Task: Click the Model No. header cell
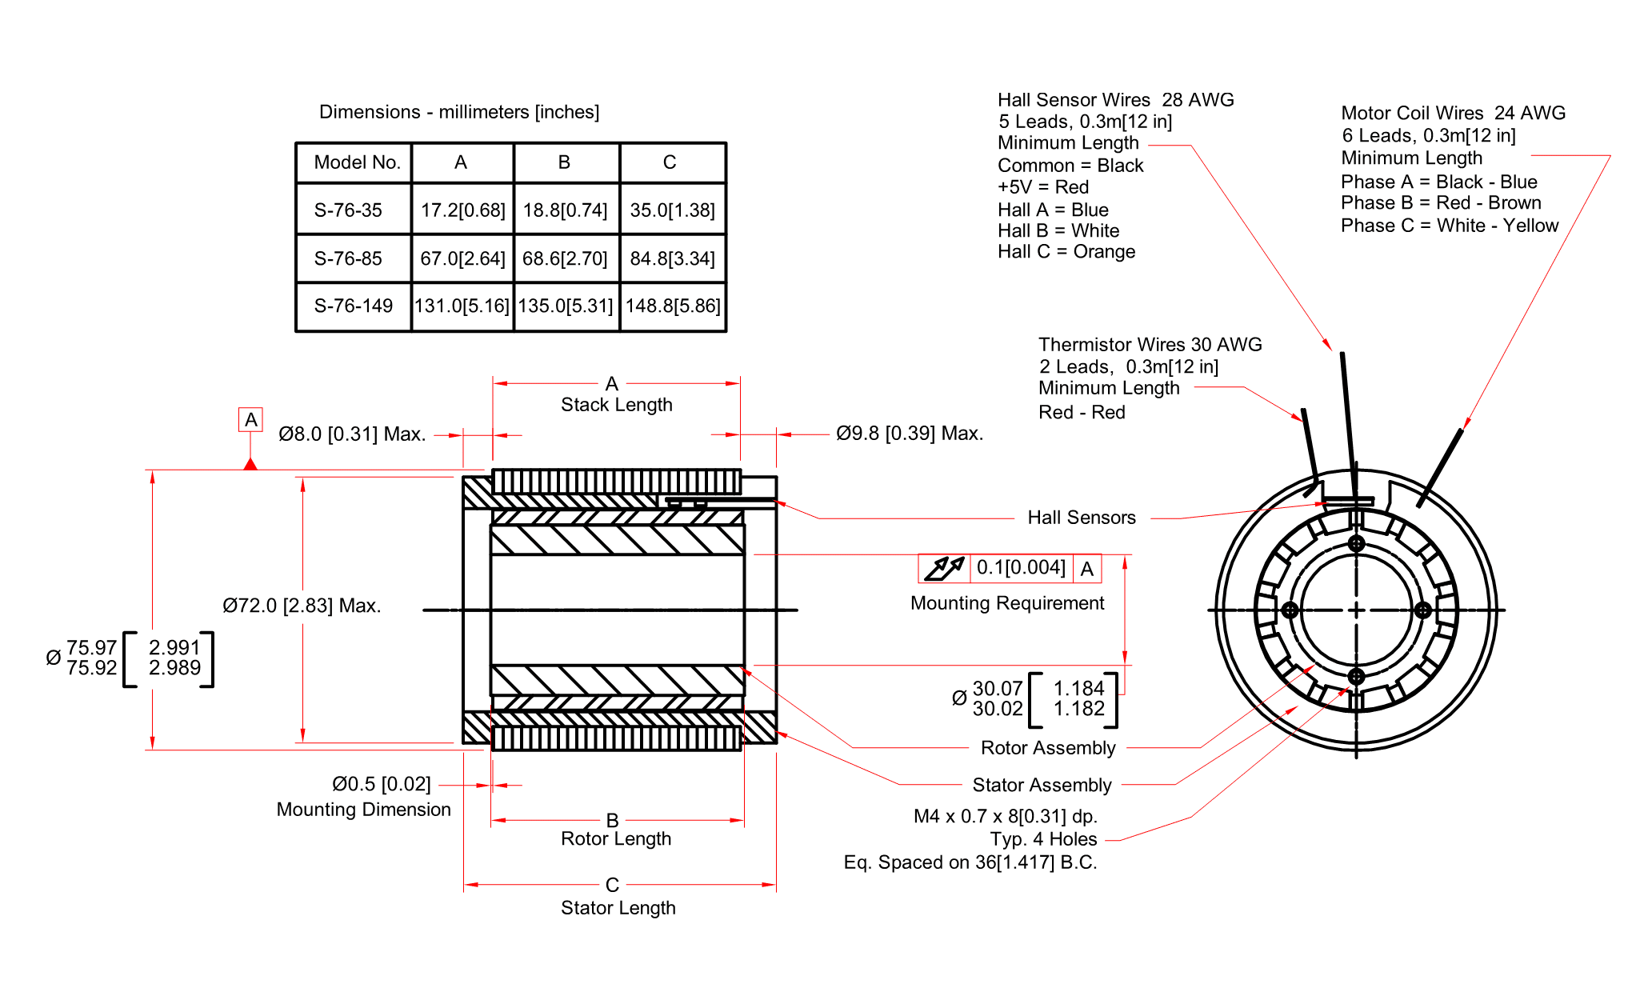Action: pos(356,162)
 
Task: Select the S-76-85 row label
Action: pos(348,258)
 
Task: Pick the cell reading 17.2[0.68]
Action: pos(462,210)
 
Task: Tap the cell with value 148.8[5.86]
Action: pos(673,306)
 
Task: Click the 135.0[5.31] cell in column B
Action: pos(565,306)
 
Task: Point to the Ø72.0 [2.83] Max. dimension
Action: pos(302,606)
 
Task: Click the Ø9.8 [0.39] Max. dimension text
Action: pos(909,434)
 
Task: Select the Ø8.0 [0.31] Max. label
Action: pos(352,434)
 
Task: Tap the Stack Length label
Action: pos(616,405)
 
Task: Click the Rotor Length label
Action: pos(616,838)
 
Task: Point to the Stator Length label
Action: pos(618,908)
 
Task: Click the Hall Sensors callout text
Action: pos(1081,518)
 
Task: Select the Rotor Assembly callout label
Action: pos(1048,748)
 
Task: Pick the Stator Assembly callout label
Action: pos(1042,785)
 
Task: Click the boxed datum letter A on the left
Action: pos(250,420)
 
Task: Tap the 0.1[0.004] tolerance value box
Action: pos(1021,568)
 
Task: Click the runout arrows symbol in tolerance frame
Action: pos(944,568)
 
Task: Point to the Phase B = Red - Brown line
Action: pos(1441,203)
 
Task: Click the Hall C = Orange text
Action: pos(1066,252)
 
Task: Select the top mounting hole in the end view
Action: pos(1356,544)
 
